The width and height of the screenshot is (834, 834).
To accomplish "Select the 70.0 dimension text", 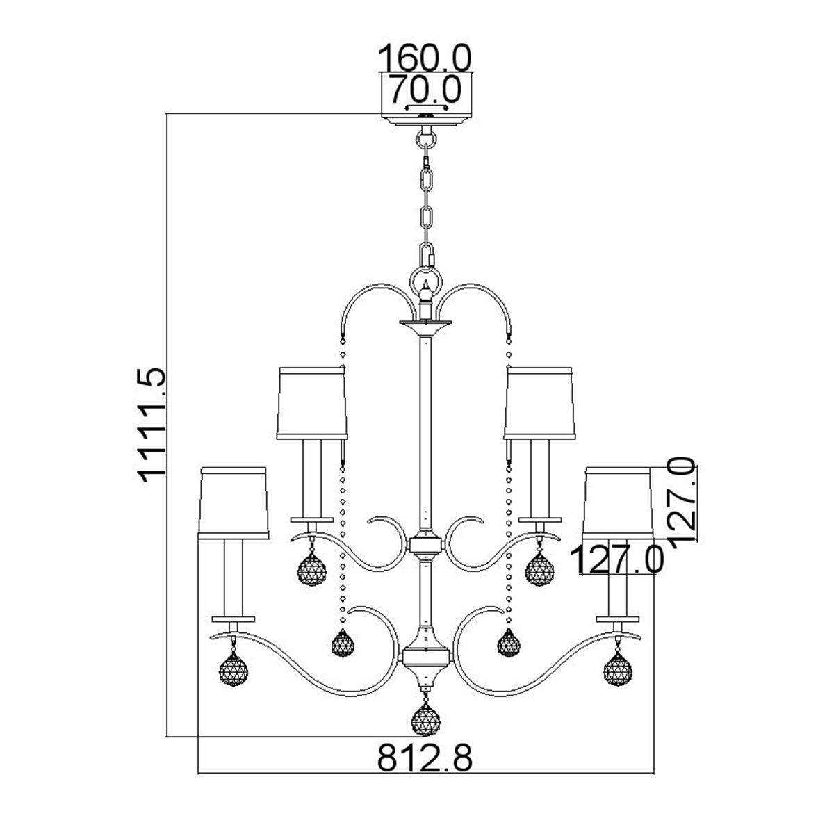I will click(425, 88).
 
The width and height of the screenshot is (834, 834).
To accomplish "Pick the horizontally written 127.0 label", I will click(617, 560).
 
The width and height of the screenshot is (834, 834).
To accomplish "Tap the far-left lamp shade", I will click(234, 502).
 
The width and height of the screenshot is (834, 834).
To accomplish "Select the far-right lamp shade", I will click(618, 502).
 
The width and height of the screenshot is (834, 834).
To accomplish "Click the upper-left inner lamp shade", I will click(311, 403).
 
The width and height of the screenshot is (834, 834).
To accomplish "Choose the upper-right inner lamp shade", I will click(540, 403).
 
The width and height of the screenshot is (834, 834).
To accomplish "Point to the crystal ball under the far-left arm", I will click(234, 671).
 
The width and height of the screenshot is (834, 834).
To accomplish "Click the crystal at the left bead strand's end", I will click(341, 643).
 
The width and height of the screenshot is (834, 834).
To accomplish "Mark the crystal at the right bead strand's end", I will click(511, 643).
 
